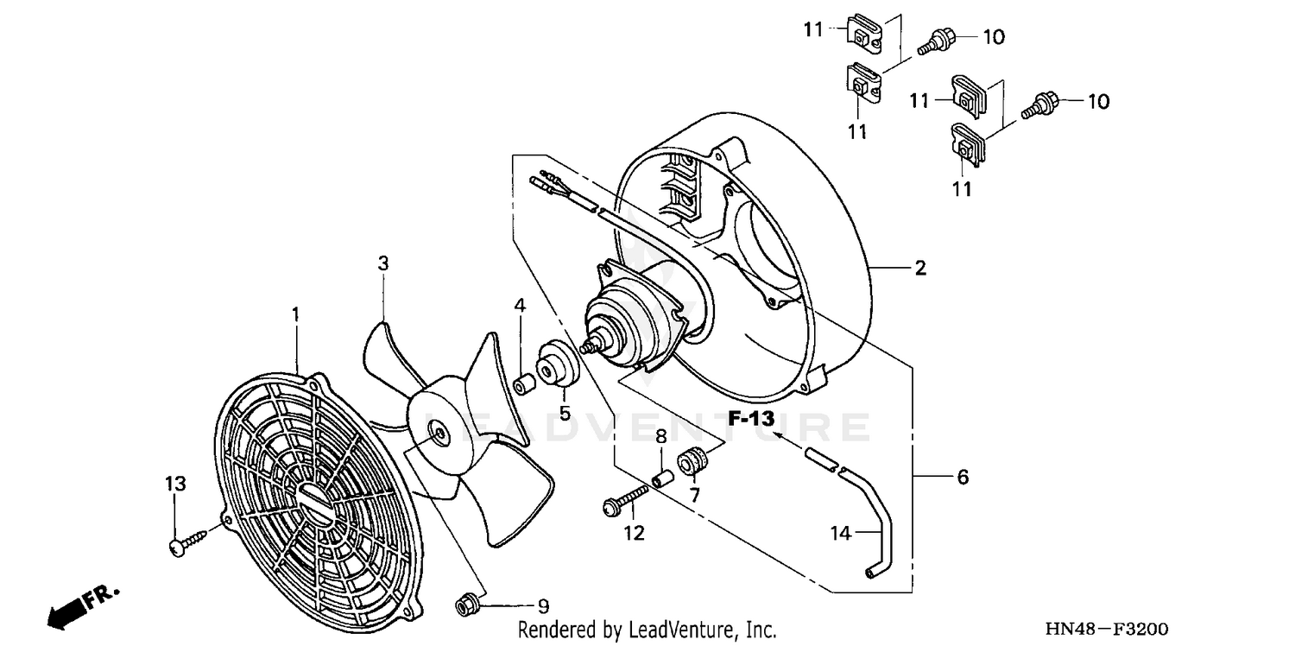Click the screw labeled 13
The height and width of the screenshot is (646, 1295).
tap(188, 541)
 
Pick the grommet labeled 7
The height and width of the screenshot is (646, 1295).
tap(692, 462)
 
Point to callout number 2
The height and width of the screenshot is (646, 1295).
tap(920, 269)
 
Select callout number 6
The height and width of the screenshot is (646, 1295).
tap(962, 477)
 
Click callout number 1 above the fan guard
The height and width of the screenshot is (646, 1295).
tap(295, 314)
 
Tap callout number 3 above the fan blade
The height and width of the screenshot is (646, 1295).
tap(383, 263)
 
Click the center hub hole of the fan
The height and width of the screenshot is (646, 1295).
tap(439, 434)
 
